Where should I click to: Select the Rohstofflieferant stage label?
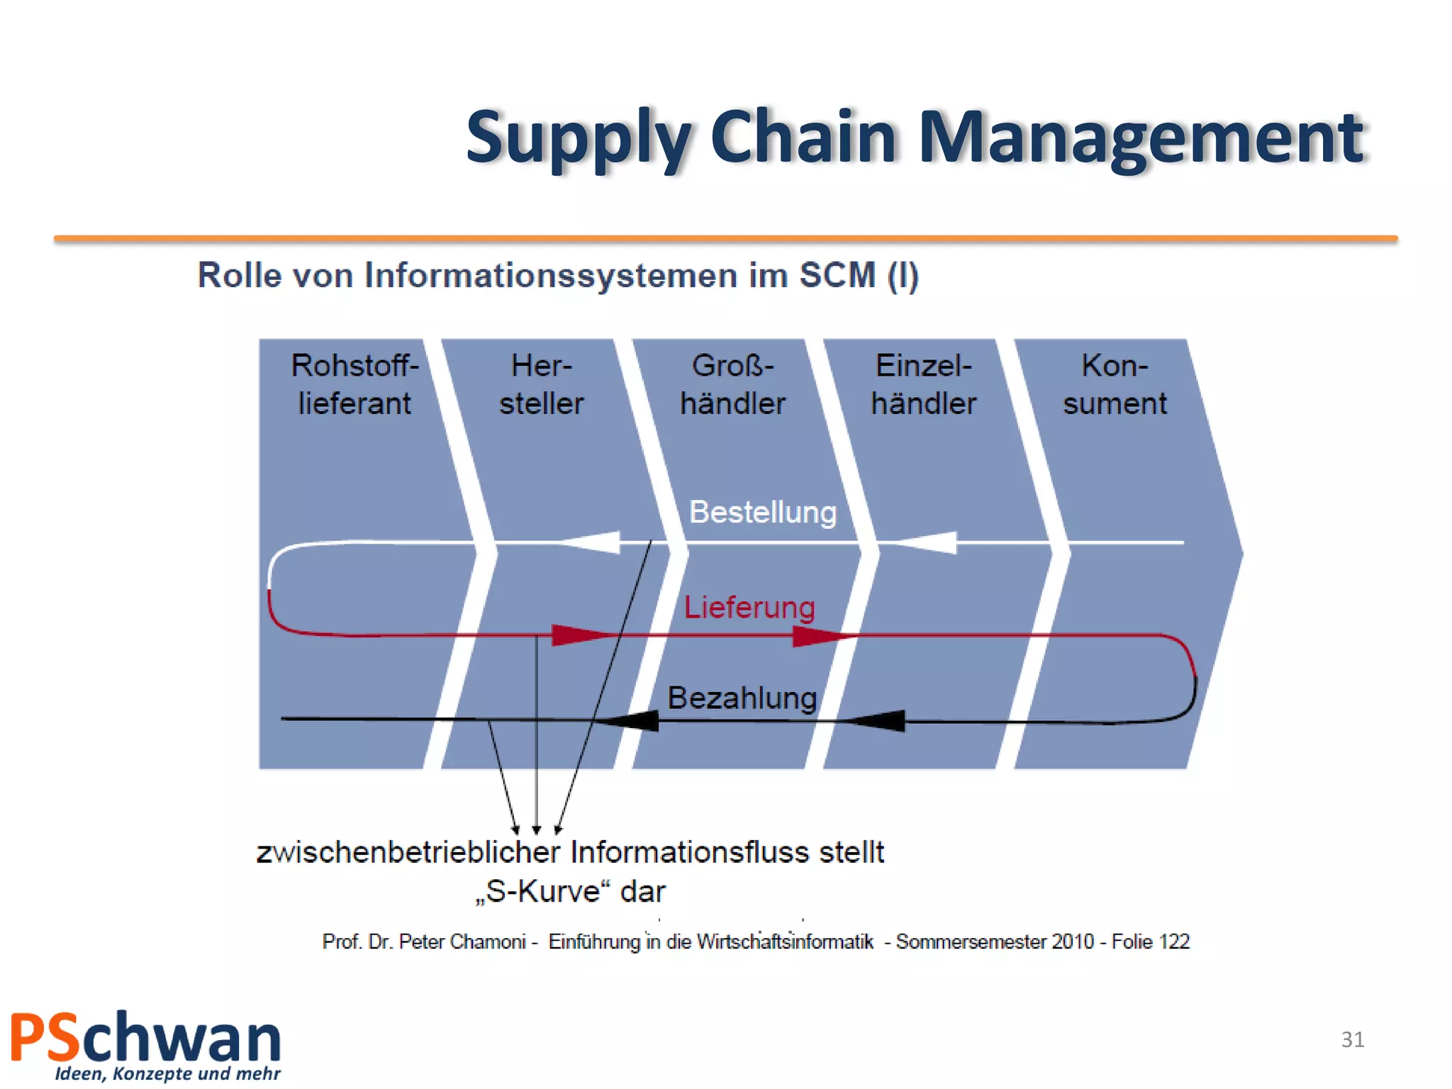[x=354, y=384]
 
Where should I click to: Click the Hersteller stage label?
[x=541, y=384]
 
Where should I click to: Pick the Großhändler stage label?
[x=732, y=384]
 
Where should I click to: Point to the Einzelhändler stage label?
[x=923, y=384]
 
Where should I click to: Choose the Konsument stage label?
[x=1114, y=384]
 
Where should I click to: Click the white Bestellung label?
[x=762, y=512]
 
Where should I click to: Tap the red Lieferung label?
[x=749, y=608]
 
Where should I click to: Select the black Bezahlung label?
[x=742, y=698]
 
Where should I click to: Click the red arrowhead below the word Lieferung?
[x=822, y=636]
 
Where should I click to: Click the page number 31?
[x=1352, y=1039]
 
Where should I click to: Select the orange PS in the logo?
[x=44, y=1038]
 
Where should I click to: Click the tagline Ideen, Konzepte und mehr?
[x=167, y=1073]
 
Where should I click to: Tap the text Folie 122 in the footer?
[x=1150, y=942]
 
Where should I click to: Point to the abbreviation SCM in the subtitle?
[x=837, y=275]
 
